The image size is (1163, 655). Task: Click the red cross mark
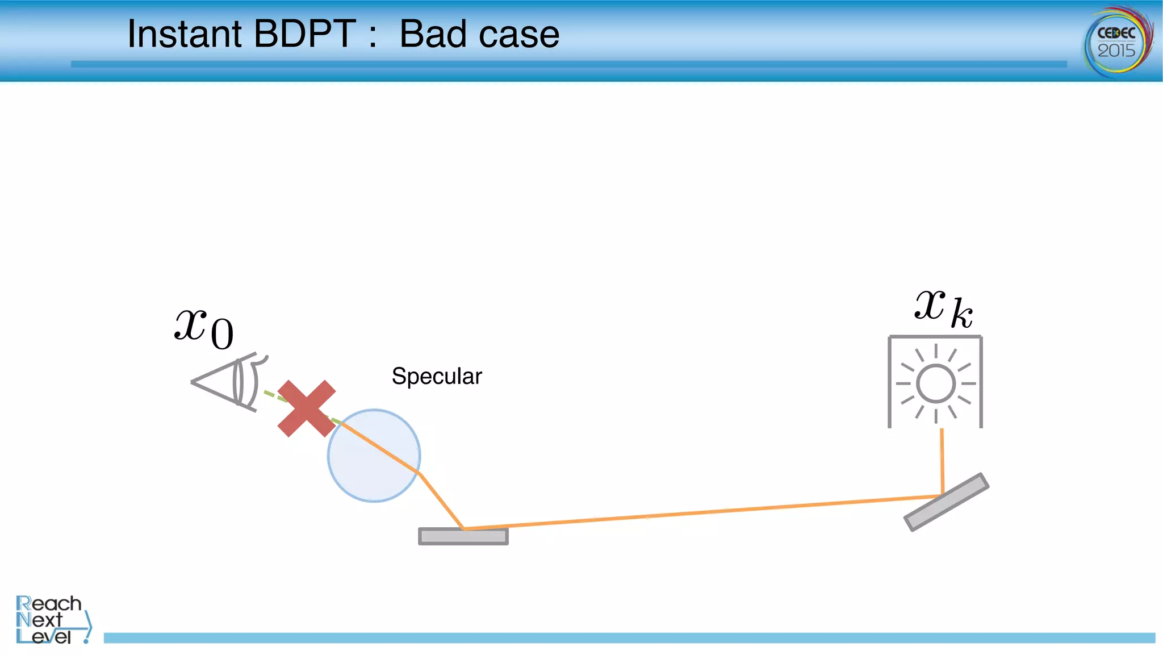pos(307,408)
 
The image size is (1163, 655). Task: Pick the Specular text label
pos(437,376)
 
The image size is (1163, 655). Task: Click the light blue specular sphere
pos(363,472)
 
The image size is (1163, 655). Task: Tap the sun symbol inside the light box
pos(935,383)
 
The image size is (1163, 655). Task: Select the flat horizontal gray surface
pos(463,537)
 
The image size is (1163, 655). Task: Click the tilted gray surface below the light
pos(947,502)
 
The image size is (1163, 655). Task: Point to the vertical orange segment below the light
pos(942,460)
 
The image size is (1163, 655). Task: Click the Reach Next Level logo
pos(51,620)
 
